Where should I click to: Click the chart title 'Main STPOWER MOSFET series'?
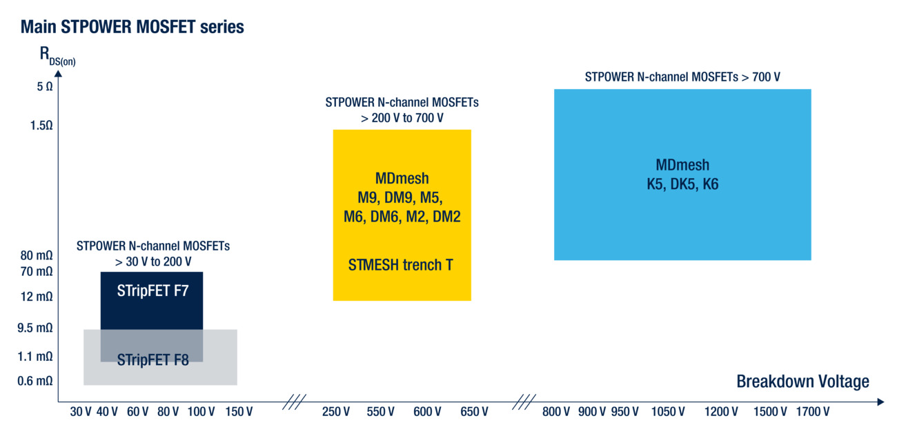[132, 27]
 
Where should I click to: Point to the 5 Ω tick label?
[45, 86]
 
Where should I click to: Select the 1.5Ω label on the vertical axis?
[41, 126]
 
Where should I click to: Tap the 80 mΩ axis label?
[37, 255]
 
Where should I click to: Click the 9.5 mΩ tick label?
[34, 328]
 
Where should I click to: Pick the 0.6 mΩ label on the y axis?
[34, 381]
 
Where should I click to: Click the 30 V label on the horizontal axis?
[81, 411]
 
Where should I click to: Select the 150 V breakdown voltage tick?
[239, 411]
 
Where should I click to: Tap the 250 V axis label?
[336, 411]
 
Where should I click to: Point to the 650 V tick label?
[474, 411]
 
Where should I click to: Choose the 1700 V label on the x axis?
[813, 411]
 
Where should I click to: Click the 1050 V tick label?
[668, 411]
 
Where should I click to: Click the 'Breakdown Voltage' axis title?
[803, 382]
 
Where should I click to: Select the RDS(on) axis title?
[57, 56]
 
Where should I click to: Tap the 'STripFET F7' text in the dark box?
[152, 290]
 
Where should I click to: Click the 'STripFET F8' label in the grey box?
[152, 360]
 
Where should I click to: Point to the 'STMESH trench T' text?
[400, 265]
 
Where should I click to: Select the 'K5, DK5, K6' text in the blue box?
[682, 184]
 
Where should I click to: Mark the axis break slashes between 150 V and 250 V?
[295, 402]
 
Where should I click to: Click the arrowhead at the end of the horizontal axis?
[880, 402]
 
